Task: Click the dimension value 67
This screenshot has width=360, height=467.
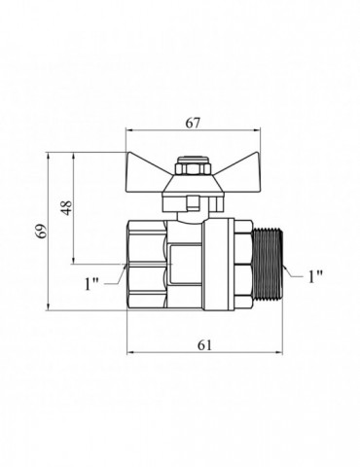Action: [193, 124]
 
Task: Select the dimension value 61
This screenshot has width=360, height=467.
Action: [204, 345]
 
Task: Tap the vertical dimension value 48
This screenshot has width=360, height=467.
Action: [67, 207]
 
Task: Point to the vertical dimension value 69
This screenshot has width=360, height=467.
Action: [42, 232]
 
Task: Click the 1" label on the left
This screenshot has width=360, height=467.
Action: [90, 284]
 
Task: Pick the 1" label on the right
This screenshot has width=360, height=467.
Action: [315, 276]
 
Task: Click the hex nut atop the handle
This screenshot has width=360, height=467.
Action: [193, 167]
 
